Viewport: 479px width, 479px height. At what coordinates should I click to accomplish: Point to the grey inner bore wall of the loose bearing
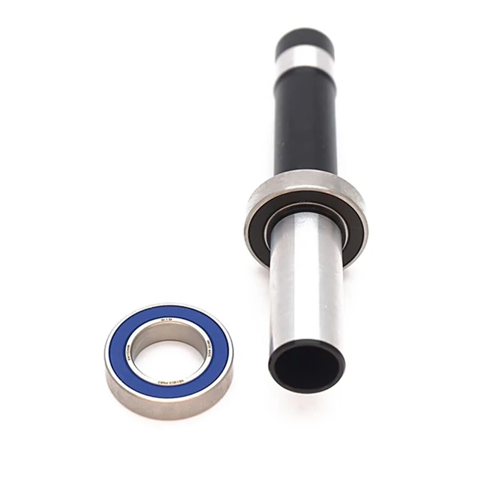coord(144,344)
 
